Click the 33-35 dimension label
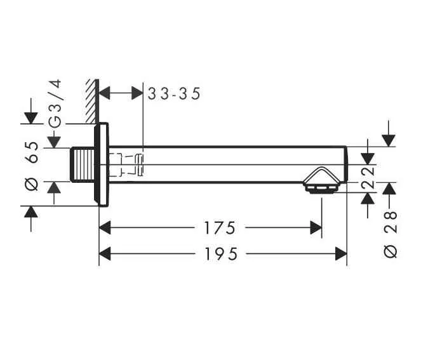point(173,94)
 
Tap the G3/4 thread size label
point(55,103)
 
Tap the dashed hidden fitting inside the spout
point(125,164)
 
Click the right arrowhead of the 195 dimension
point(341,254)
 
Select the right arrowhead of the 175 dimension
point(316,227)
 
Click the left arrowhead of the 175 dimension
point(105,227)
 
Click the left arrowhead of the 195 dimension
point(105,254)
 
